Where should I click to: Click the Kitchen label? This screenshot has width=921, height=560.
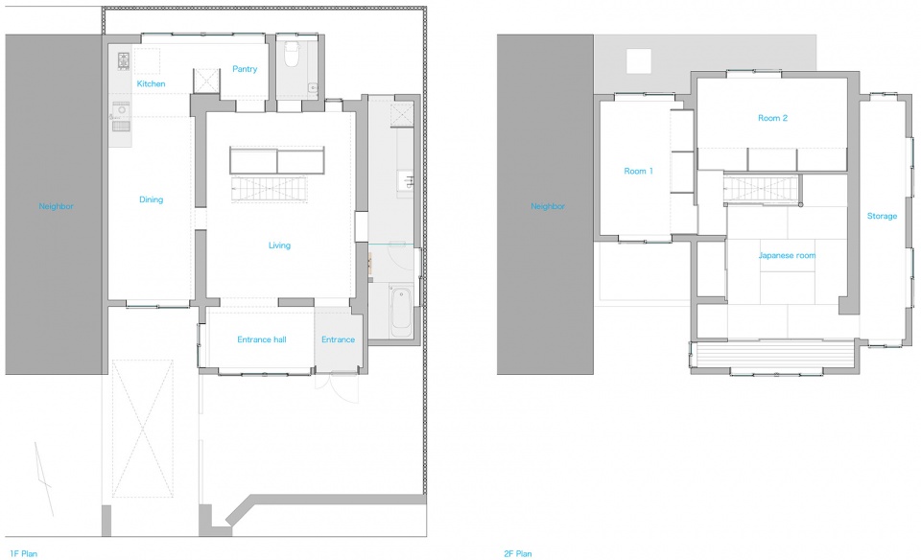pos(151,84)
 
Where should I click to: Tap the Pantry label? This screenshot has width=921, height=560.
pos(245,69)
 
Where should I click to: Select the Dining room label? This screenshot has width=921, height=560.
pos(151,199)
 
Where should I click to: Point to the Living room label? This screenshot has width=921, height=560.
pos(279,245)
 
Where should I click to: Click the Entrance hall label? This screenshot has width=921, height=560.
pos(262,339)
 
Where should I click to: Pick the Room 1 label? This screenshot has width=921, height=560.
pos(639,171)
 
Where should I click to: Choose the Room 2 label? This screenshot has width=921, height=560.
pos(772,118)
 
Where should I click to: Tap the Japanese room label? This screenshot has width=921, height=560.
pos(787,255)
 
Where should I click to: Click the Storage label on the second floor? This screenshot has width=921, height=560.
pos(883,216)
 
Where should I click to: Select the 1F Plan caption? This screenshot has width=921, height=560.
pos(23,553)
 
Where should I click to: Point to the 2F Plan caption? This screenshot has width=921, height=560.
pos(517,553)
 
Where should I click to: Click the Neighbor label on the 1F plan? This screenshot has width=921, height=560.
pos(57,206)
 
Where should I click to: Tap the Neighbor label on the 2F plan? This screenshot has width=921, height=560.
pos(548,206)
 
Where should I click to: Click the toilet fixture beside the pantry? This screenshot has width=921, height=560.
pos(292,54)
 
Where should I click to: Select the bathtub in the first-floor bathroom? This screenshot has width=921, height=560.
pos(401,311)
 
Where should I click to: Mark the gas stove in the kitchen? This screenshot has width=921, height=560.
pos(124,59)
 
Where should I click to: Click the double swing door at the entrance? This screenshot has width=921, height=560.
pos(337,388)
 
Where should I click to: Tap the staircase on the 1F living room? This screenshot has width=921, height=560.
pos(270,189)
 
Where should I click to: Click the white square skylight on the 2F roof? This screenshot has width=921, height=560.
pos(639,61)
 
